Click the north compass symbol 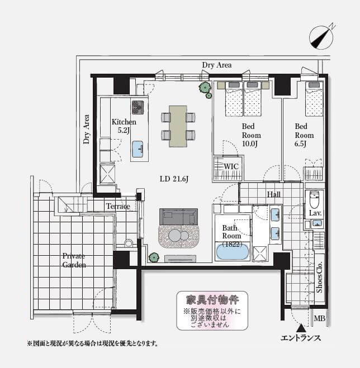[321, 37]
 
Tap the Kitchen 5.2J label [124, 126]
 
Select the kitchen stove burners [138, 107]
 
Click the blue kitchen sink [138, 149]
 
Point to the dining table [178, 126]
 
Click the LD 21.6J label [174, 179]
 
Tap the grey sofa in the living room [178, 217]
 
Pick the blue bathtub [232, 252]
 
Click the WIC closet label [231, 166]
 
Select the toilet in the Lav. [314, 199]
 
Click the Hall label [274, 194]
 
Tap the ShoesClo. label [319, 277]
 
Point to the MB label [320, 318]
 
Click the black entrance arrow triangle [301, 328]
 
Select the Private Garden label [74, 260]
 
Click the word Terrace [118, 206]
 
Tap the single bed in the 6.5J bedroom [314, 99]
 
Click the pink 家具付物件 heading [212, 300]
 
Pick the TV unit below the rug [180, 259]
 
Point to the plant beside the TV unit [153, 257]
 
